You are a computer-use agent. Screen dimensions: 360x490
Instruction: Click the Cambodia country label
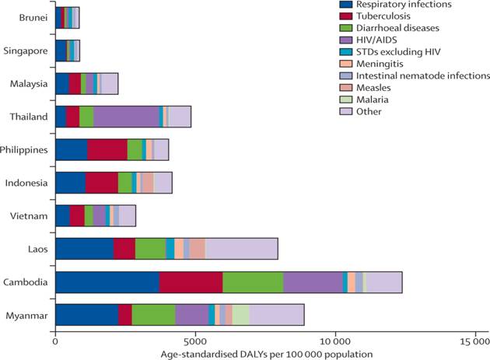coord(26,281)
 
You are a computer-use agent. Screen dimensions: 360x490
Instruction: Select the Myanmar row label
coord(27,314)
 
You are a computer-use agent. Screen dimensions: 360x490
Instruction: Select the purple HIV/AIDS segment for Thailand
coord(126,116)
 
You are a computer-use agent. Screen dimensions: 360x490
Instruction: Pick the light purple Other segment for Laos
coord(241,248)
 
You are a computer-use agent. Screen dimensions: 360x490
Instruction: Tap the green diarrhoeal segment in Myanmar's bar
coord(153,314)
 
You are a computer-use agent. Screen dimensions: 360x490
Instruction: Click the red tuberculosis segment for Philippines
coord(107,149)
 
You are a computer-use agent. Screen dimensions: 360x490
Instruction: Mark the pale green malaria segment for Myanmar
coord(241,314)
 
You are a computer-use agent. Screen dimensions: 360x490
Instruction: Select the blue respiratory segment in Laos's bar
coord(84,248)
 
